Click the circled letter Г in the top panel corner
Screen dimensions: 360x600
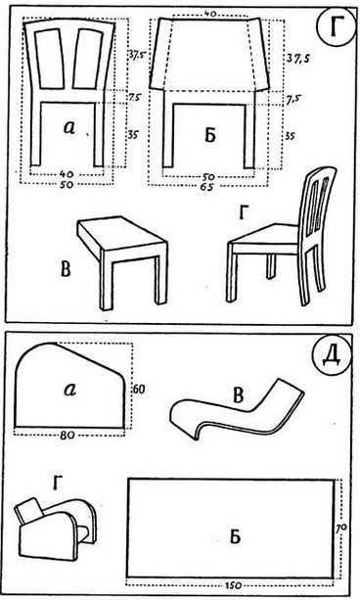point(335,29)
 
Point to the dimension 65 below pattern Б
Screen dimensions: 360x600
point(208,187)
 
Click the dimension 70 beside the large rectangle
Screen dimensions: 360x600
point(341,528)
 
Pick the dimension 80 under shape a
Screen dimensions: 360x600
point(67,435)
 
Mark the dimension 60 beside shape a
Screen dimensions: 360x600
point(139,390)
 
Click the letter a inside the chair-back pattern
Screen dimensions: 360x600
point(69,127)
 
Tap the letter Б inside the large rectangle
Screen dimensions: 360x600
point(235,536)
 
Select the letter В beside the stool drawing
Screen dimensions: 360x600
point(66,269)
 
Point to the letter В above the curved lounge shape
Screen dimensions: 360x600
point(238,395)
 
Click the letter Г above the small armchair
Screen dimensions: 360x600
point(57,484)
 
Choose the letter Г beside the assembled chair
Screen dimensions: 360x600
point(243,213)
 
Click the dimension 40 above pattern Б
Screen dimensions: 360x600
point(209,13)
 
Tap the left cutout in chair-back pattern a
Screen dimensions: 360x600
point(49,59)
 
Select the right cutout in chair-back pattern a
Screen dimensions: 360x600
point(89,59)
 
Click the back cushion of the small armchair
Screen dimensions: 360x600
point(29,511)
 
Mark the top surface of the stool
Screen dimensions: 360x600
point(121,232)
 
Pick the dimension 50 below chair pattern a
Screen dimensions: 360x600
point(67,184)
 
